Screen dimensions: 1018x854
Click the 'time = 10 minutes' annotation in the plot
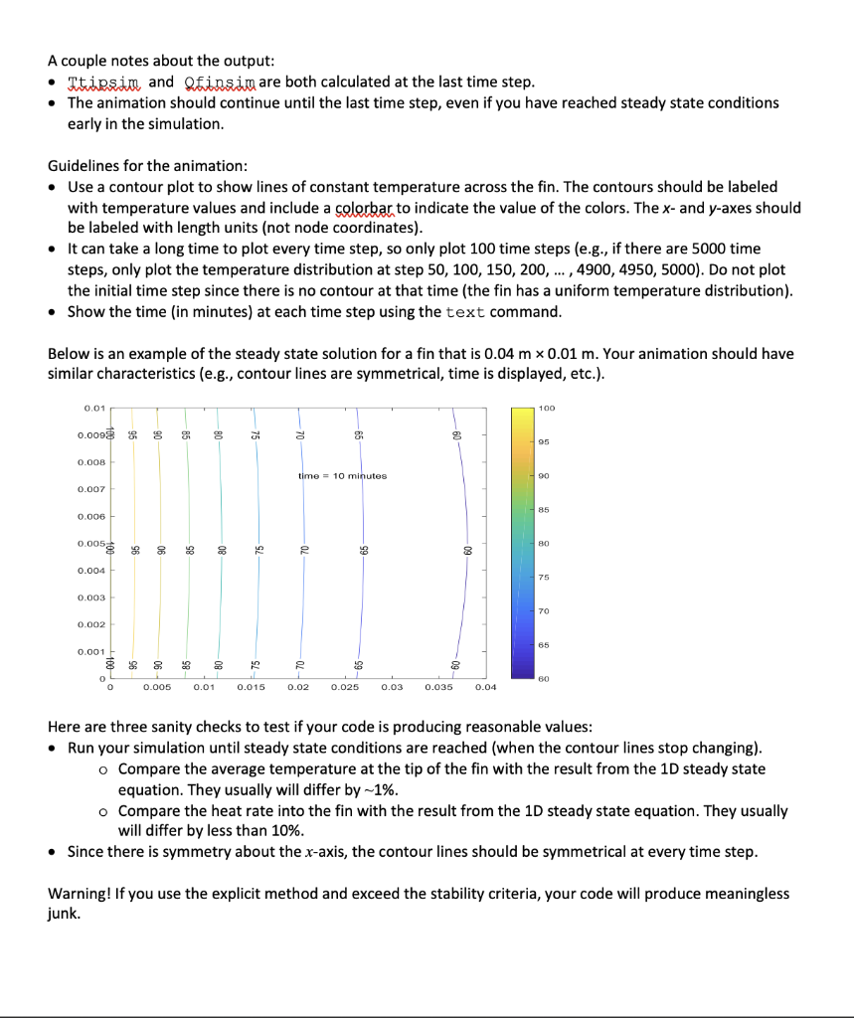point(343,476)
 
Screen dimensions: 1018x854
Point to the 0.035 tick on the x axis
point(438,687)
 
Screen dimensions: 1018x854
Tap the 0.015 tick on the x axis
point(252,687)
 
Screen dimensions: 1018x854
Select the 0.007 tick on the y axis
point(90,489)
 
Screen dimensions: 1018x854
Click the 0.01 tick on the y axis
point(94,408)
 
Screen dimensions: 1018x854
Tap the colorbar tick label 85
point(544,510)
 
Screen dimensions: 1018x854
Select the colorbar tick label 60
point(544,679)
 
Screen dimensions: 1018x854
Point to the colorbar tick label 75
point(544,578)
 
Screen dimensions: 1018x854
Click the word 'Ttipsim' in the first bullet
point(104,82)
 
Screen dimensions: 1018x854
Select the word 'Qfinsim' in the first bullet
point(214,82)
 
